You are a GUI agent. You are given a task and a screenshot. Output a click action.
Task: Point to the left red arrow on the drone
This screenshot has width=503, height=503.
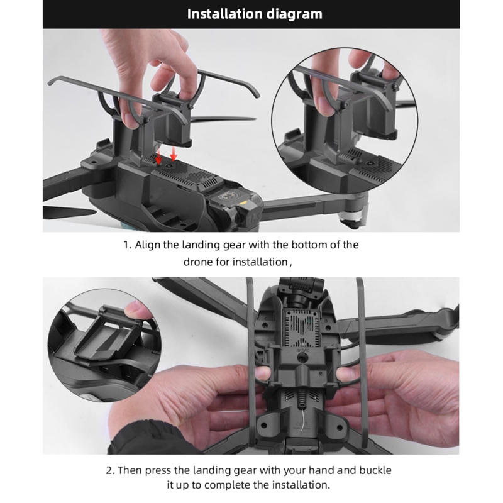(x=158, y=157)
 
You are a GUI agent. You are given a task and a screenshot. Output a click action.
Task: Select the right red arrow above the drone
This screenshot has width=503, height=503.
(x=174, y=153)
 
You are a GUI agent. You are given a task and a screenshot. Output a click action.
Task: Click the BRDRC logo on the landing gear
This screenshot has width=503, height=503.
(x=303, y=351)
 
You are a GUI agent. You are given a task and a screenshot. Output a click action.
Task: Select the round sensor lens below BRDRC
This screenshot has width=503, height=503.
(x=302, y=360)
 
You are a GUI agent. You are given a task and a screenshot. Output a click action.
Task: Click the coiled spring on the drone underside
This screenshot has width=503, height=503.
(x=302, y=398)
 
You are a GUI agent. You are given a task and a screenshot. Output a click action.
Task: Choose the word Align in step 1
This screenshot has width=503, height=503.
(x=147, y=245)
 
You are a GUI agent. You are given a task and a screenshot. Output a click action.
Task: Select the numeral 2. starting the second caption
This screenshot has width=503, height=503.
(x=110, y=470)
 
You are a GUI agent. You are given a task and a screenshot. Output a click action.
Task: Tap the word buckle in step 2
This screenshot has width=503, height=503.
(x=375, y=470)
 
